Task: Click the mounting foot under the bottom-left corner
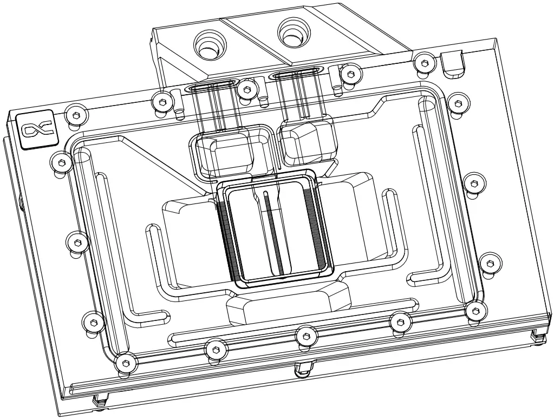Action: click(x=99, y=401)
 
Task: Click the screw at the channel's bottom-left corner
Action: click(x=125, y=362)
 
